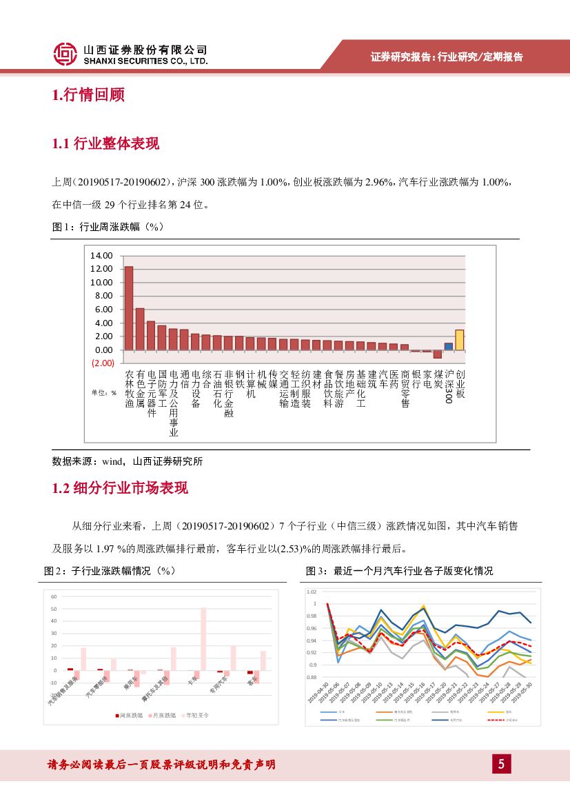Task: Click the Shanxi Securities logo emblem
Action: pyautogui.click(x=65, y=54)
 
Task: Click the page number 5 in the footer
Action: pyautogui.click(x=502, y=764)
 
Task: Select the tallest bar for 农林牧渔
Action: pyautogui.click(x=129, y=308)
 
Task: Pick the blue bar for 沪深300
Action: pyautogui.click(x=448, y=346)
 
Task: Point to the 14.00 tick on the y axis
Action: pyautogui.click(x=101, y=256)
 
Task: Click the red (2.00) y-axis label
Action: pyautogui.click(x=102, y=363)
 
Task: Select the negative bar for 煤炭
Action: pyautogui.click(x=437, y=354)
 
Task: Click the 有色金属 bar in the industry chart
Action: pyautogui.click(x=140, y=329)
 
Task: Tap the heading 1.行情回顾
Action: pyautogui.click(x=88, y=95)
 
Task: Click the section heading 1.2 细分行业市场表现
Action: pyautogui.click(x=120, y=488)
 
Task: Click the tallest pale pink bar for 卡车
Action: pyautogui.click(x=203, y=638)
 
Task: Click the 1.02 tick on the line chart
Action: pyautogui.click(x=312, y=592)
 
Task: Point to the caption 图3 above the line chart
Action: pyautogui.click(x=400, y=571)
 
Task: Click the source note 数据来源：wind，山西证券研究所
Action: pyautogui.click(x=128, y=461)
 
